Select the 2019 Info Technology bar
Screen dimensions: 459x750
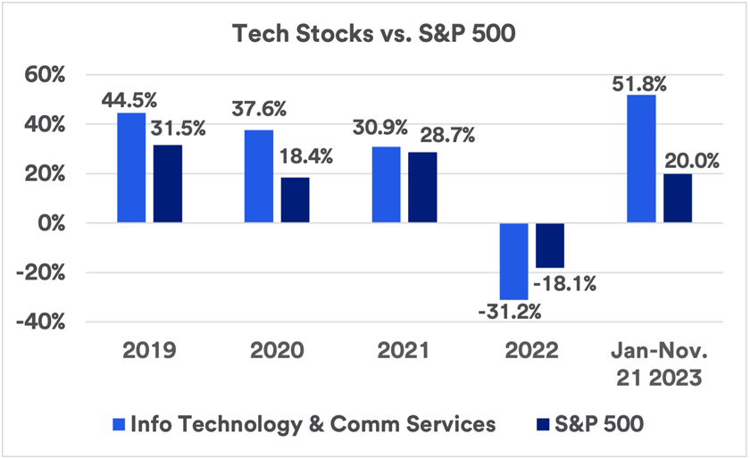(x=131, y=168)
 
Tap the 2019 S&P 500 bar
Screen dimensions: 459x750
(x=166, y=184)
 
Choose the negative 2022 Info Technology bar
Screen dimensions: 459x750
(x=514, y=261)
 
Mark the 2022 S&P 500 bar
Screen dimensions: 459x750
(x=550, y=246)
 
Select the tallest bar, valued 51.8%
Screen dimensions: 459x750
(x=641, y=159)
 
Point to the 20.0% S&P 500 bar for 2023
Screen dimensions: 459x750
(x=677, y=198)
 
